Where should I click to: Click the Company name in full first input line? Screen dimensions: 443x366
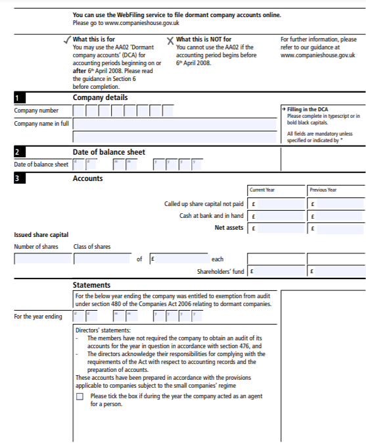(x=175, y=124)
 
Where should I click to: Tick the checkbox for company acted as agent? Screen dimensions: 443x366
(x=80, y=397)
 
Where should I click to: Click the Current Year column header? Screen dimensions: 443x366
(x=262, y=190)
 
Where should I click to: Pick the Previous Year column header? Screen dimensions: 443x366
(x=323, y=190)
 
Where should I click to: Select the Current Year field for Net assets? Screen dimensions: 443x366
(x=276, y=228)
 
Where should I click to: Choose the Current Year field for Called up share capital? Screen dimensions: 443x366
(x=276, y=204)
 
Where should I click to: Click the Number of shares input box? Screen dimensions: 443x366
(x=41, y=259)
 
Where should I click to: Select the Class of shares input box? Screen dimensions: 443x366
(x=103, y=259)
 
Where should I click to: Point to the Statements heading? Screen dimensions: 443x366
(x=91, y=286)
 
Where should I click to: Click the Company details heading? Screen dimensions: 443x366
(x=100, y=97)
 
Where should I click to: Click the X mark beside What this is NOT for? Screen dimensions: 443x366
(x=170, y=41)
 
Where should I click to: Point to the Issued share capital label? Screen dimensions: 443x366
(x=41, y=235)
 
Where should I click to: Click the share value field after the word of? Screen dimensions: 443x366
(x=179, y=259)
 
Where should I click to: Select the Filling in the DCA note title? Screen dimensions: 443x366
(x=308, y=109)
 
